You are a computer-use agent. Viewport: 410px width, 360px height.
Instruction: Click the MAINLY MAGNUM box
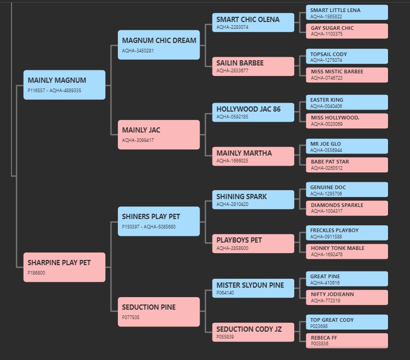[x=64, y=85]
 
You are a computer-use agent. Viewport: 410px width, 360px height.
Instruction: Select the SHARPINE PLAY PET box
[x=64, y=267]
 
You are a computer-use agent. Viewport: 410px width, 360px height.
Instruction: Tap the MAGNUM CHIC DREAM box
[x=159, y=45]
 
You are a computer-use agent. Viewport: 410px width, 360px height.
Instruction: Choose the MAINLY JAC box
[x=159, y=135]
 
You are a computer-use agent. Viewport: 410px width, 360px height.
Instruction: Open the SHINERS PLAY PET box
[x=159, y=221]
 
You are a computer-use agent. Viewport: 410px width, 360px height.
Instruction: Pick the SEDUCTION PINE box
[x=159, y=312]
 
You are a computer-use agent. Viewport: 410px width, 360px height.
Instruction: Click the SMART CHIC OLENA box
[x=253, y=23]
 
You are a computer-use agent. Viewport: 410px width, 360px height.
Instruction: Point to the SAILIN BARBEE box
[x=253, y=67]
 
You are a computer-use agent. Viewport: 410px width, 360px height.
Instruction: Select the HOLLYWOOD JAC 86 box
[x=253, y=112]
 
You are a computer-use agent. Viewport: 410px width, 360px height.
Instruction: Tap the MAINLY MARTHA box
[x=253, y=156]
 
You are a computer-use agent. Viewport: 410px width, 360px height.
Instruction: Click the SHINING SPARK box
[x=253, y=200]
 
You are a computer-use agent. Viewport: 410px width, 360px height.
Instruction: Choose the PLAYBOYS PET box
[x=253, y=244]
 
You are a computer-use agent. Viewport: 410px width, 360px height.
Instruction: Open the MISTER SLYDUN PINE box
[x=253, y=288]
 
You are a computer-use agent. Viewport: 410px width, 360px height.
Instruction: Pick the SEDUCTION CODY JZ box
[x=253, y=332]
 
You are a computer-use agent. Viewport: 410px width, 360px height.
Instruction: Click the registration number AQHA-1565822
[x=326, y=16]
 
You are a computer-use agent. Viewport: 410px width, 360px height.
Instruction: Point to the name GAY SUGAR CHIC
[x=332, y=28]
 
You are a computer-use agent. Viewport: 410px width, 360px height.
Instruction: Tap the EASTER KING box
[x=347, y=102]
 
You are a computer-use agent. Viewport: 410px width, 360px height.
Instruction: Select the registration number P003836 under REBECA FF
[x=319, y=344]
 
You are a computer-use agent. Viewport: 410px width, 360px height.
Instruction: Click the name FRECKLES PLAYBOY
[x=335, y=230]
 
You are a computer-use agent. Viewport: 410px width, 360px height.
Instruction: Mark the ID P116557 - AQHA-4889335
[x=54, y=91]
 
